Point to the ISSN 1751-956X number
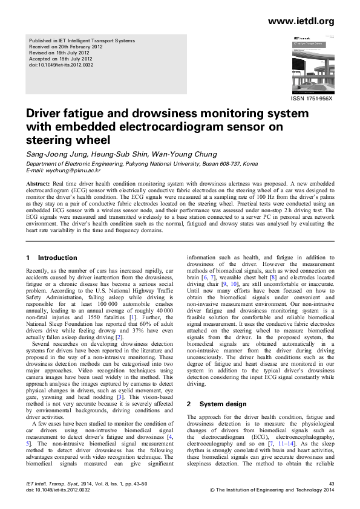[313, 99]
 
